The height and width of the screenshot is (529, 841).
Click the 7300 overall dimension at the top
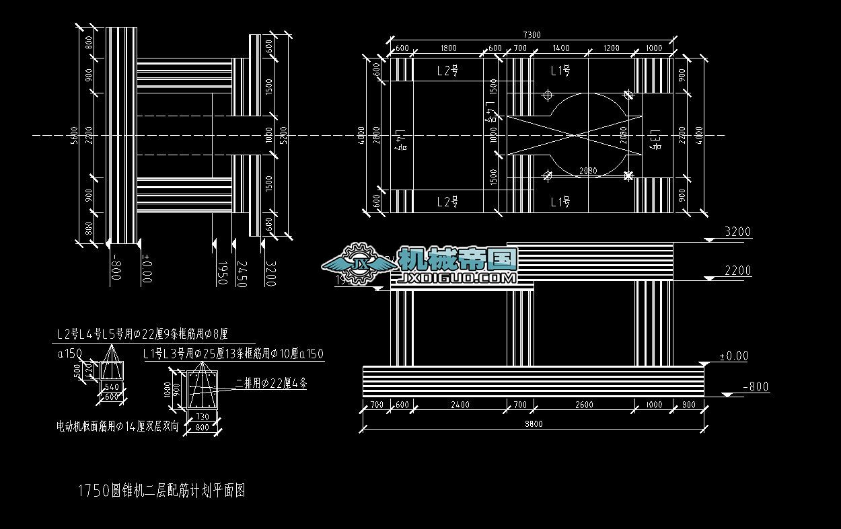pyautogui.click(x=532, y=35)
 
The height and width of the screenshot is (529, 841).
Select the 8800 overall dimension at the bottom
pyautogui.click(x=534, y=423)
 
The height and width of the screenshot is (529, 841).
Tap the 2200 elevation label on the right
pyautogui.click(x=737, y=271)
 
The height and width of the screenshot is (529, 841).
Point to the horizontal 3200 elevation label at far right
pyautogui.click(x=737, y=232)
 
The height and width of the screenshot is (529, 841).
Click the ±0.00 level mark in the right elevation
pyautogui.click(x=733, y=356)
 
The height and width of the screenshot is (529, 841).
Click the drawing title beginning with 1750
pyautogui.click(x=161, y=491)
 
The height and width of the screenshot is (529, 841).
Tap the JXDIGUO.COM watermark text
pyautogui.click(x=458, y=278)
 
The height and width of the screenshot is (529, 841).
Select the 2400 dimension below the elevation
pyautogui.click(x=460, y=405)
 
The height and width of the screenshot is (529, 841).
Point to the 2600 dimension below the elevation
pyautogui.click(x=585, y=405)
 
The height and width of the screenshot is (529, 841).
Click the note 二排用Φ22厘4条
pyautogui.click(x=271, y=384)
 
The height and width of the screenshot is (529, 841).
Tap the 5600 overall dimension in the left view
pyautogui.click(x=75, y=135)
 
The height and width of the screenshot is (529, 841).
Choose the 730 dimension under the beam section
pyautogui.click(x=203, y=417)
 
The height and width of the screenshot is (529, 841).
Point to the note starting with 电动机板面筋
pyautogui.click(x=118, y=426)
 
